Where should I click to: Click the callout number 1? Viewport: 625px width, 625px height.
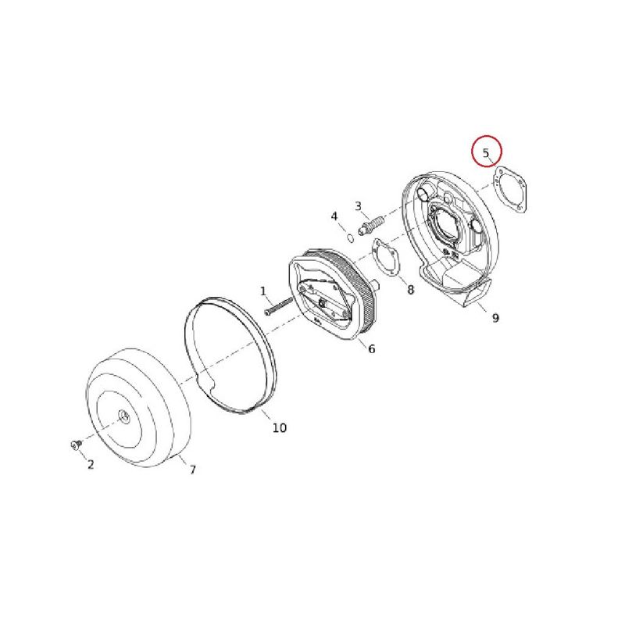[x=262, y=291]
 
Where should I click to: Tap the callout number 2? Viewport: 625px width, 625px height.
[x=91, y=464]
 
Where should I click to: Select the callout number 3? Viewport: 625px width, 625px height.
[x=358, y=206]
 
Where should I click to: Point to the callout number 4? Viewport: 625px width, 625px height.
[x=334, y=216]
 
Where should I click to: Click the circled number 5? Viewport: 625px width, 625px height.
[x=486, y=152]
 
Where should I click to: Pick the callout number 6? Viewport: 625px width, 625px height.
[x=372, y=348]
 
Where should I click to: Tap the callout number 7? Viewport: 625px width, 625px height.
[x=192, y=470]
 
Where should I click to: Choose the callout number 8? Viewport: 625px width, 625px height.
[x=411, y=290]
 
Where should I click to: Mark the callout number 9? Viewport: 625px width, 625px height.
[x=495, y=318]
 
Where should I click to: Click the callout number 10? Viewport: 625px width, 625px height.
[x=280, y=427]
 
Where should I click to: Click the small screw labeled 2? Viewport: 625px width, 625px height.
[x=76, y=444]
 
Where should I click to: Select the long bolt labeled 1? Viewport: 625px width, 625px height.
[x=279, y=306]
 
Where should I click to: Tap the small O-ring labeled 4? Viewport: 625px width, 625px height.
[x=351, y=238]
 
